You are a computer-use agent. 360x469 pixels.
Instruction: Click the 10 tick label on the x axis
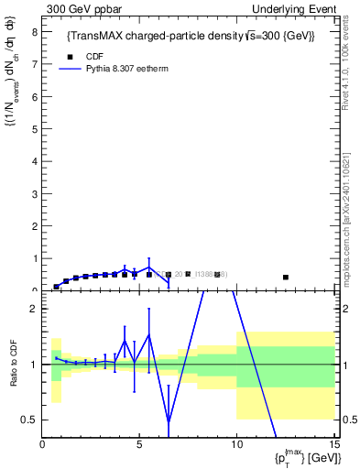point(236,446)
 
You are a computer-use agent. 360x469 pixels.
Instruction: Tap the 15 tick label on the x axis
point(333,446)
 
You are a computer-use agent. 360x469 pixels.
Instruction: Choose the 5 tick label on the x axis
point(139,446)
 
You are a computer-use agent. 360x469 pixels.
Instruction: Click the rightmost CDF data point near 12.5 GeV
point(286,277)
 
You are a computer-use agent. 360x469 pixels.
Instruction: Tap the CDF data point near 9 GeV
point(217,275)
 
